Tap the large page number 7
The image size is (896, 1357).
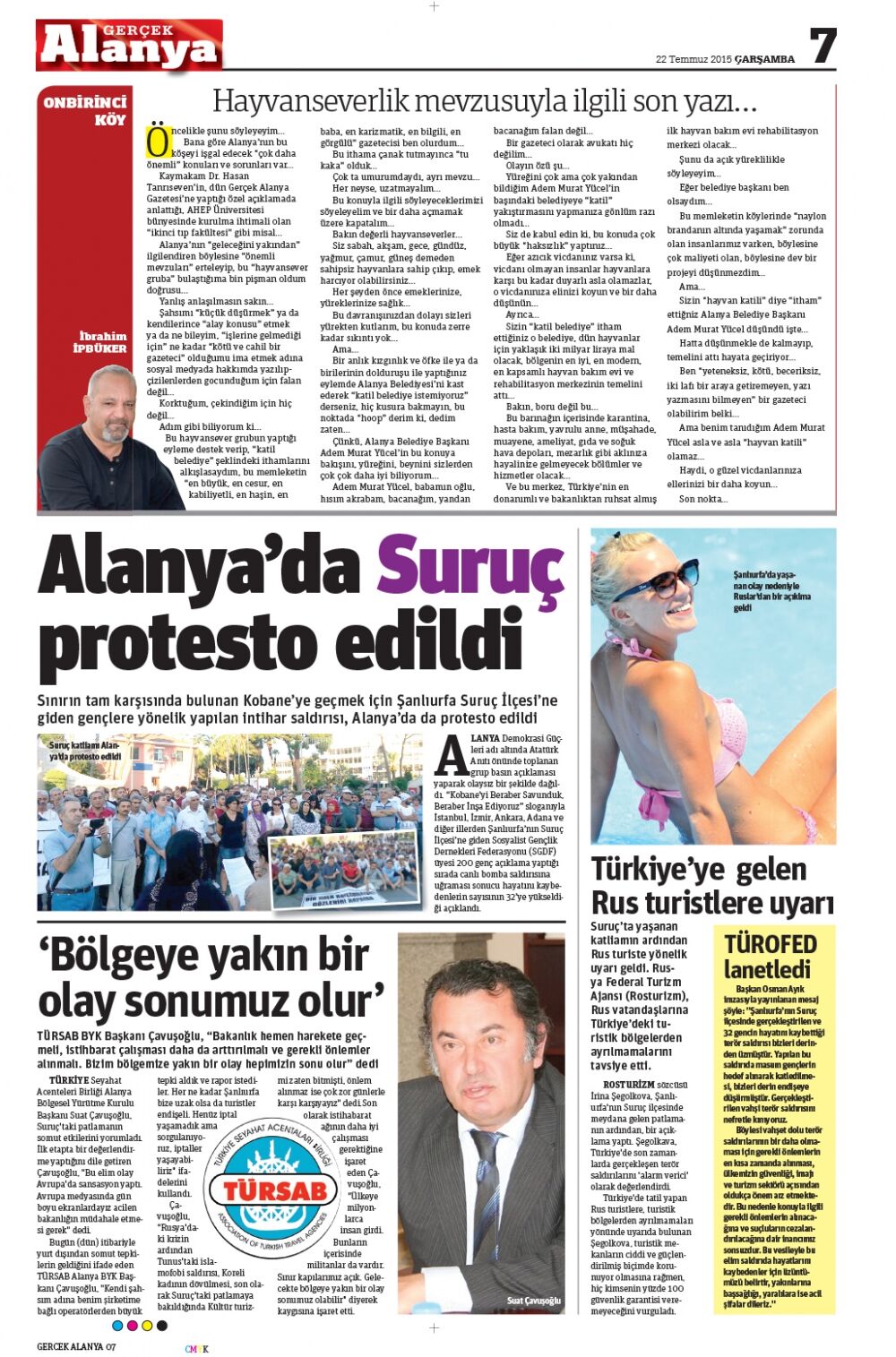[823, 45]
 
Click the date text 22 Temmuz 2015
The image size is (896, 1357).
[694, 60]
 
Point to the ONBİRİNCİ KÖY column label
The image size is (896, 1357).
[86, 110]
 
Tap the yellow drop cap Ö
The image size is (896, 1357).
[158, 141]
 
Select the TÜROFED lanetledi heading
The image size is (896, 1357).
[771, 956]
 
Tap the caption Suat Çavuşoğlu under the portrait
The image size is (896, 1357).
[533, 1300]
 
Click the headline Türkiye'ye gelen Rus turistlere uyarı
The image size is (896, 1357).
[712, 885]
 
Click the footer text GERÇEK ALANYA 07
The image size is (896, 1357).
[76, 1346]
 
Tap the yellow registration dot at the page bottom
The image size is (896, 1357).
[147, 1325]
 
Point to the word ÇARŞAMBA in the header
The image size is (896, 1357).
[764, 60]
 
